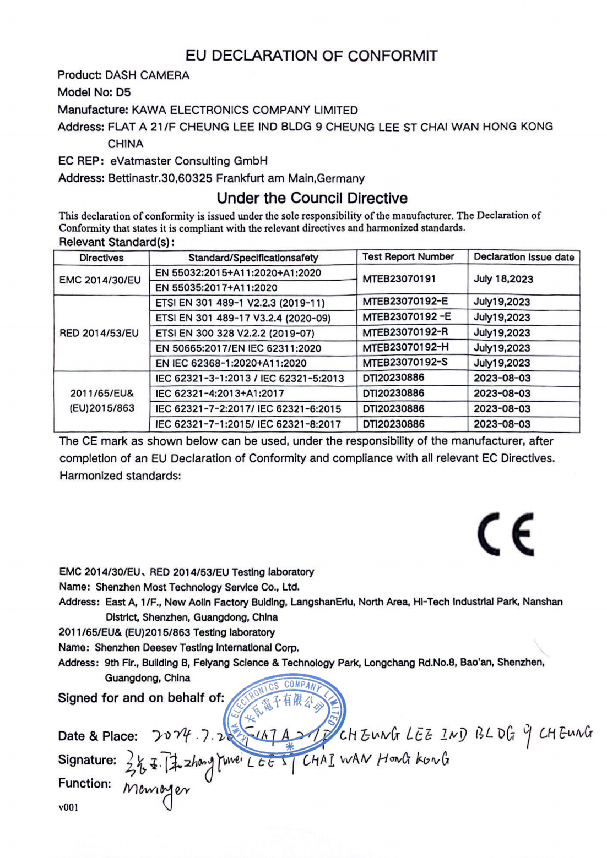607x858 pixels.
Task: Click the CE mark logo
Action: (506, 534)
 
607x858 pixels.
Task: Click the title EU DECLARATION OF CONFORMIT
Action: (311, 56)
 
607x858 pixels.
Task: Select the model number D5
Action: (123, 92)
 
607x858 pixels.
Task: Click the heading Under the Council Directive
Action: (312, 198)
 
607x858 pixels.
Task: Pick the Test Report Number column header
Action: (408, 257)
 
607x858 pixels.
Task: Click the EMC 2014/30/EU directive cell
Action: (100, 280)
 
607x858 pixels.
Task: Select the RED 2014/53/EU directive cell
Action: (99, 333)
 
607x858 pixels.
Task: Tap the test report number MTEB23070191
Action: (399, 279)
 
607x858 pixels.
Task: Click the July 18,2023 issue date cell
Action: (503, 279)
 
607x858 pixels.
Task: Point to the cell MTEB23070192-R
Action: (405, 332)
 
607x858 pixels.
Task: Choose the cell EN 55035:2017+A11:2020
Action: (216, 287)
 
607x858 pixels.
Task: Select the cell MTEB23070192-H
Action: (405, 348)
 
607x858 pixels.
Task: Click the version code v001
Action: (68, 807)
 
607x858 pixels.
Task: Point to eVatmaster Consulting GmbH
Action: (189, 161)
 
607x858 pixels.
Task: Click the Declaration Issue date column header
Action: (523, 257)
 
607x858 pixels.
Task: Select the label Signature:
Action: (87, 760)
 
